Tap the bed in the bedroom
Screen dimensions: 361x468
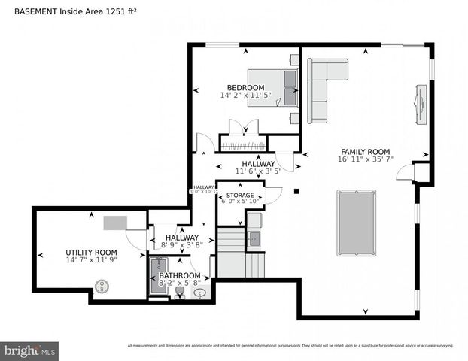point(273,88)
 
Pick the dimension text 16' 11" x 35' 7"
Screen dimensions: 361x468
point(365,159)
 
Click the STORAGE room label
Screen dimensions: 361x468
point(240,196)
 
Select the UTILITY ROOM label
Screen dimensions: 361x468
point(91,252)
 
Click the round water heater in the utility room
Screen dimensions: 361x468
point(100,286)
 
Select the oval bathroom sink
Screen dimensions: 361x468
point(200,293)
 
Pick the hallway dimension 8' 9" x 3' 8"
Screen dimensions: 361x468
point(177,245)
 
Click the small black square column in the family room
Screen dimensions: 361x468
point(297,191)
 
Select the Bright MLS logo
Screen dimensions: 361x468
point(30,350)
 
